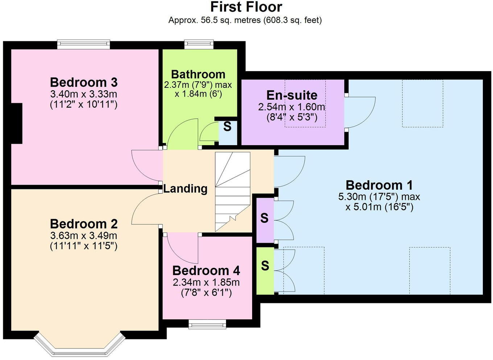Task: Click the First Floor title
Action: [246, 7]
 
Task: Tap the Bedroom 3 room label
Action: [84, 82]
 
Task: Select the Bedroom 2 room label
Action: [84, 224]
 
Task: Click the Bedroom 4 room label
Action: [206, 270]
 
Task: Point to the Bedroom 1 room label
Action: [379, 185]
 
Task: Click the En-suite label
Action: [292, 95]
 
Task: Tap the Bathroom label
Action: [198, 74]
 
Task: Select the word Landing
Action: [185, 189]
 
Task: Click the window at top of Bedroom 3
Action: [83, 44]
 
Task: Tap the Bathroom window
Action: [199, 44]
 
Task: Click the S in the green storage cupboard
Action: [265, 266]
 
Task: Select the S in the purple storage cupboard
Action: [264, 218]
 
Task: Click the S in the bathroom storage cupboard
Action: [227, 127]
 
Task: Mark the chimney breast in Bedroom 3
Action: [16, 123]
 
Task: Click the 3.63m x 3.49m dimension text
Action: [84, 235]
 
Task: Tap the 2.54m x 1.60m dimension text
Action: [292, 107]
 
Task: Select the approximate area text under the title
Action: [245, 20]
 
